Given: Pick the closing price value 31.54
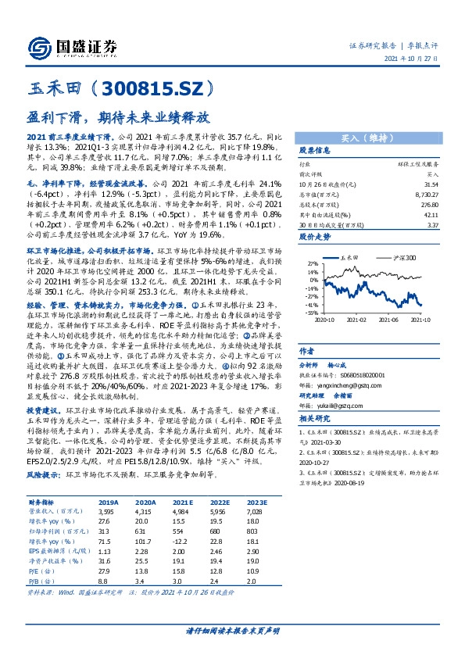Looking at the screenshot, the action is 428,184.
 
